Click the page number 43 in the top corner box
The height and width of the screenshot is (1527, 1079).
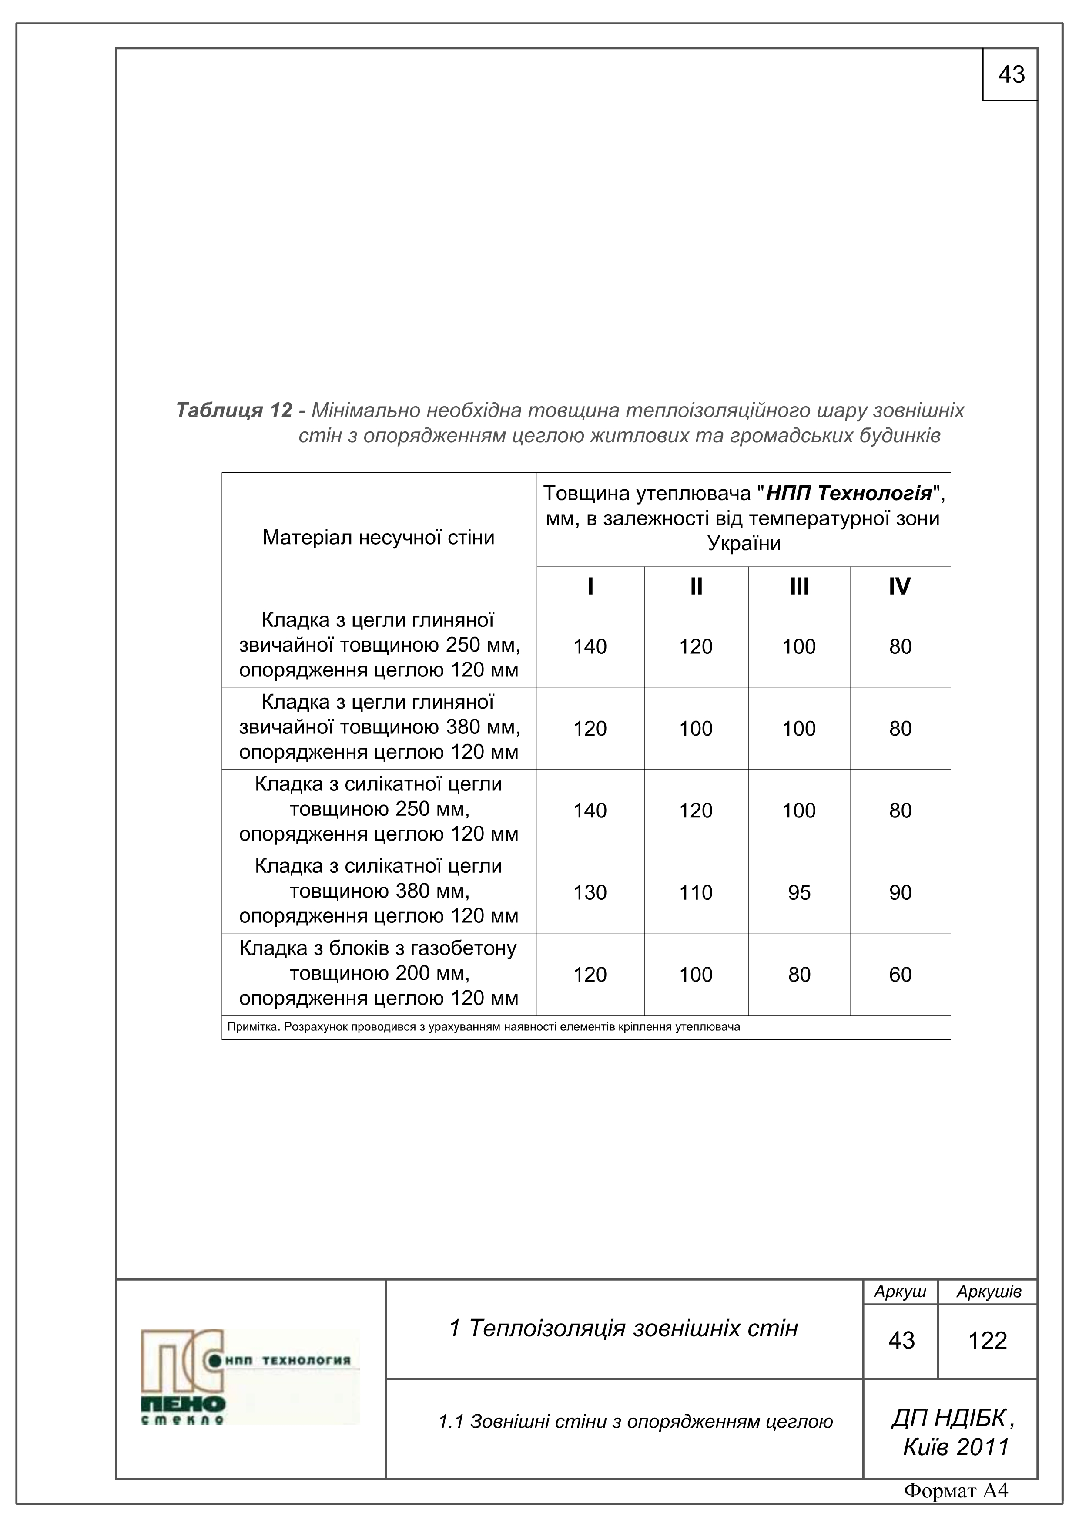tap(1011, 74)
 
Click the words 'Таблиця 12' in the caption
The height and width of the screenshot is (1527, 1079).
tap(234, 410)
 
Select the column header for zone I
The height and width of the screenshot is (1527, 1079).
tap(590, 586)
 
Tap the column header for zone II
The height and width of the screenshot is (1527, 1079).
tap(696, 586)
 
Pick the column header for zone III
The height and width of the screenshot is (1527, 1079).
tap(799, 586)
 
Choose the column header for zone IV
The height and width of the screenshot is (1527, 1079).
tap(900, 586)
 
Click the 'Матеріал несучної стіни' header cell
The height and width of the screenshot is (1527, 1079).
tap(378, 538)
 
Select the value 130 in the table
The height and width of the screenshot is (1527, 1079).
tap(590, 892)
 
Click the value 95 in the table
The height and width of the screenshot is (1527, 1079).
tap(799, 892)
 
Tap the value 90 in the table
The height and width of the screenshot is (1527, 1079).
tap(900, 892)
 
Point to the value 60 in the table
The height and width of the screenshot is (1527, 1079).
tap(900, 974)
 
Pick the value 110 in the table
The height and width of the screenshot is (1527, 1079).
tap(696, 892)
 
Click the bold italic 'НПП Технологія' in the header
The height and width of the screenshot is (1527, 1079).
tap(849, 494)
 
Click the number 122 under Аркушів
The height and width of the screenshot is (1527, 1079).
tap(988, 1340)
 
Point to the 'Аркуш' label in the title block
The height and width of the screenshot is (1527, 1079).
tap(900, 1292)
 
